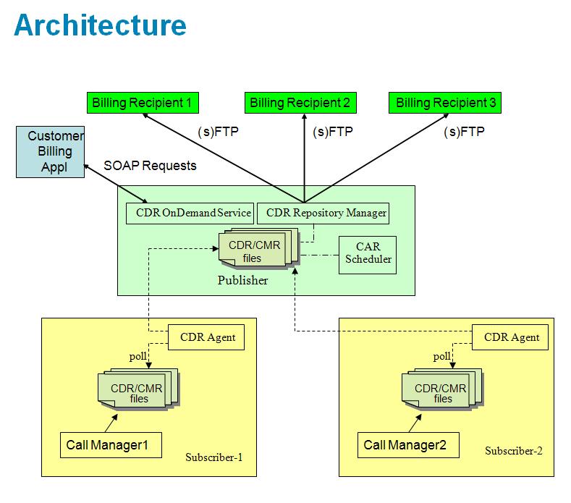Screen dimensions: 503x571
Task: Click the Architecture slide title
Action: coord(100,25)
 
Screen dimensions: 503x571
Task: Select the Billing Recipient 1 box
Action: coord(142,103)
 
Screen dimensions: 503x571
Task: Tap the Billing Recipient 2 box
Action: coord(299,103)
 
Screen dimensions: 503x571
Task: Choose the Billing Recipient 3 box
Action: coord(445,103)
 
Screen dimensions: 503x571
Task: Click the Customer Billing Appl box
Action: coord(50,152)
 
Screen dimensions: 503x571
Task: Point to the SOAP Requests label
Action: coord(150,166)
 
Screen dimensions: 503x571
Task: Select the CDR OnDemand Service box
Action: coord(190,214)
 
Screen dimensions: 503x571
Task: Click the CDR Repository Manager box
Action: coord(326,214)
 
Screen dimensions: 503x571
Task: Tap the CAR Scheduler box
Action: coord(368,253)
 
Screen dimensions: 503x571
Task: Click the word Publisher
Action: coord(242,281)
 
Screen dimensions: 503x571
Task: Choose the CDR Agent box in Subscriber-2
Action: coord(511,337)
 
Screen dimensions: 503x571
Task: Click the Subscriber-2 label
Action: coord(513,451)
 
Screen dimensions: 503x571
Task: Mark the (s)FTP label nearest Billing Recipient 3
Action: coord(463,132)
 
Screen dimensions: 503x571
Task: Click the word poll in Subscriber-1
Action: coord(138,356)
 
